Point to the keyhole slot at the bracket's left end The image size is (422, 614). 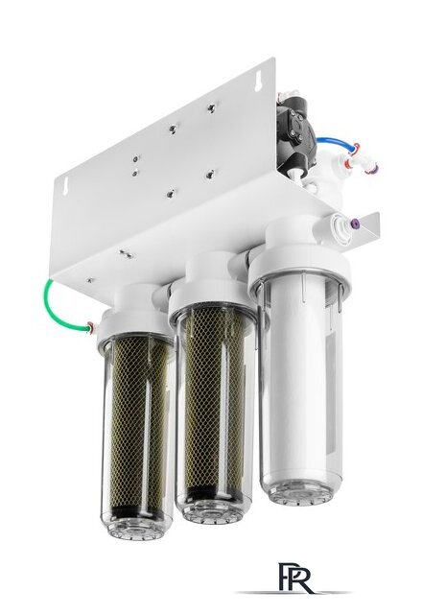click(65, 183)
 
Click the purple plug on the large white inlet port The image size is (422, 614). click(356, 224)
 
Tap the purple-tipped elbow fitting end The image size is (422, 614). click(374, 169)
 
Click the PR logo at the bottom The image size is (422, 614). click(295, 579)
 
